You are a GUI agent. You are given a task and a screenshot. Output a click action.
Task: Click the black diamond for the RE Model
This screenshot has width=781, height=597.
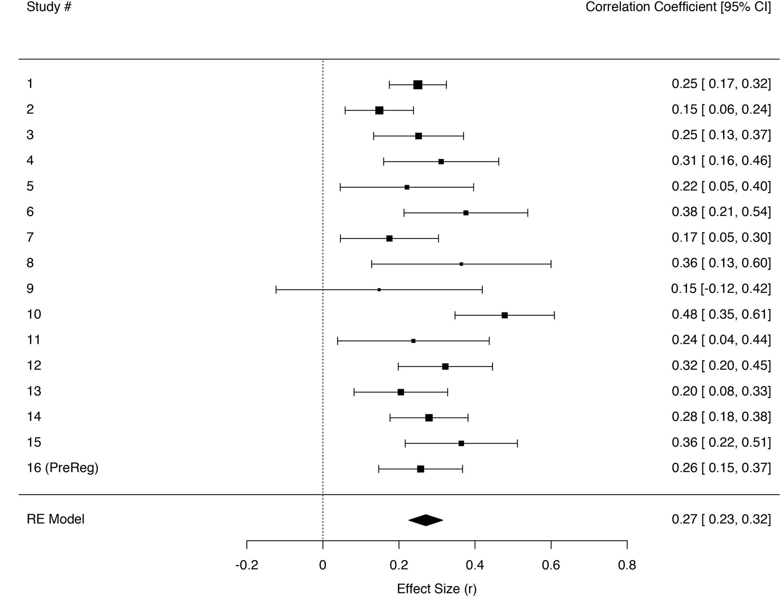(425, 520)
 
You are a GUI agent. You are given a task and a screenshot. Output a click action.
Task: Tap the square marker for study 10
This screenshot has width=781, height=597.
(505, 315)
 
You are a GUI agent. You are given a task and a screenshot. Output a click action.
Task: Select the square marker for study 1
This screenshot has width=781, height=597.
(418, 85)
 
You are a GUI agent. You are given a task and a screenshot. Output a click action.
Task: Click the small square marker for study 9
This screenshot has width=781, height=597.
(379, 290)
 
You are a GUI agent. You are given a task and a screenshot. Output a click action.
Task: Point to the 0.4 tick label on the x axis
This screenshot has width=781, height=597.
(475, 565)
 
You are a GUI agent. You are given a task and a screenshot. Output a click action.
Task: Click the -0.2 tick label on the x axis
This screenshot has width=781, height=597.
(246, 565)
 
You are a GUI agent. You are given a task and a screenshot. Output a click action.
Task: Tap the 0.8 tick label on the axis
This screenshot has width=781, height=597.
(627, 565)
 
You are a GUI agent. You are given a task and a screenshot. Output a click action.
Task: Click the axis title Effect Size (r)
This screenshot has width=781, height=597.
(436, 589)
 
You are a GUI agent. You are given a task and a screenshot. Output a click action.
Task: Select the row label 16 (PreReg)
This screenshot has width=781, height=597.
(62, 468)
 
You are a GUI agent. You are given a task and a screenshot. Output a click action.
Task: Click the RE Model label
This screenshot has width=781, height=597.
(55, 519)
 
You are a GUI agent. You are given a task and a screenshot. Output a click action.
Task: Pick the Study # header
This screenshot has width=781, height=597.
(49, 7)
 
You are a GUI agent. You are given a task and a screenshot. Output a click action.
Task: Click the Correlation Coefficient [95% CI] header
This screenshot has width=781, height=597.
(678, 7)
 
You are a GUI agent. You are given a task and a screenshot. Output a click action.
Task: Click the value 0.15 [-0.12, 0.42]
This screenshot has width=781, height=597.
(721, 289)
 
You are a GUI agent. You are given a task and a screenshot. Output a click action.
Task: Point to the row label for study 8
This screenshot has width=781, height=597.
(30, 263)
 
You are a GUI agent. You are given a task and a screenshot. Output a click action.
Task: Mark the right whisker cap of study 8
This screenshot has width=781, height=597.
(551, 264)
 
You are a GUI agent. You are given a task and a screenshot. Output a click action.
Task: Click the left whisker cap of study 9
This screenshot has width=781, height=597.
(276, 290)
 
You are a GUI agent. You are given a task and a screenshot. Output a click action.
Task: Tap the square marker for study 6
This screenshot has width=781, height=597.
(466, 213)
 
